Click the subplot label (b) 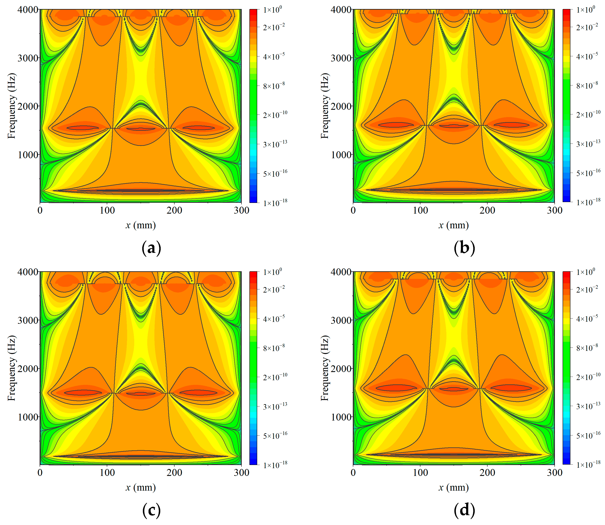pos(464,248)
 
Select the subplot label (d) pos(464,510)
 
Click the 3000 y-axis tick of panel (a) pos(28,58)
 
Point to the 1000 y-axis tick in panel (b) pos(341,155)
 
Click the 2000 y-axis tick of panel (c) pos(28,368)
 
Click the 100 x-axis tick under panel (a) pos(107,210)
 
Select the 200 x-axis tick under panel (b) pos(487,210)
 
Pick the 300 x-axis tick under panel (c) pos(241,473)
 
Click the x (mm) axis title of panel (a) pos(141,225)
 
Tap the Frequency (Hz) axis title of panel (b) pos(325,106)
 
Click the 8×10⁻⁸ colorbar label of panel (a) pos(274,86)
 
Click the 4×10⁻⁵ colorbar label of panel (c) pos(274,319)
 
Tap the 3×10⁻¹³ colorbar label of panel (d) pos(588,406)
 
